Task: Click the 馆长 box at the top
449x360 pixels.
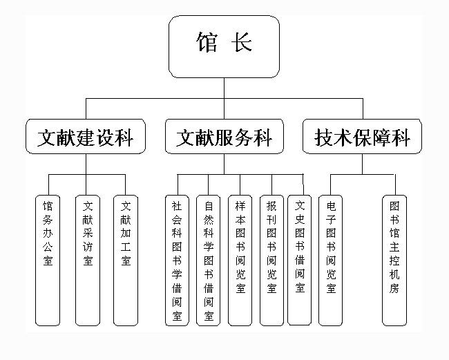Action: pos(224,46)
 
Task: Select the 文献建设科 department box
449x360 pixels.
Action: pos(86,136)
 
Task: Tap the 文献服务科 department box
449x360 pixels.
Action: pos(224,136)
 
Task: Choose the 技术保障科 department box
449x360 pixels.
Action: pos(363,136)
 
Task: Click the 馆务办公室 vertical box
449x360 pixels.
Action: pos(48,260)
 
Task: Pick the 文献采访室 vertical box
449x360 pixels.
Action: pos(87,260)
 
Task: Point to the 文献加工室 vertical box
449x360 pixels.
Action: pos(125,260)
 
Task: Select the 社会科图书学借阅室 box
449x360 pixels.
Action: pos(177,260)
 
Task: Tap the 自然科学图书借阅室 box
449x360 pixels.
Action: pos(208,260)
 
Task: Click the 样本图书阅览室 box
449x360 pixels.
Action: pos(240,260)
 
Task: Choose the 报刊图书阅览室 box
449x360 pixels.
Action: pos(271,260)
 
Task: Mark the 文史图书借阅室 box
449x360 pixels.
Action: pos(299,260)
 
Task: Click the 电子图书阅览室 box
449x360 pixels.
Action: pos(331,260)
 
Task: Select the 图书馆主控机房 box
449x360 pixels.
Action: pos(394,260)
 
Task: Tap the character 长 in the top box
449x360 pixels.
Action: pos(242,43)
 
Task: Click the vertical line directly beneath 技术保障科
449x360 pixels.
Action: pos(363,163)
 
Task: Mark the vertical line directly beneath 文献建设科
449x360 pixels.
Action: pos(86,163)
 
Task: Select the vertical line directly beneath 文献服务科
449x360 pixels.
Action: pos(224,163)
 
